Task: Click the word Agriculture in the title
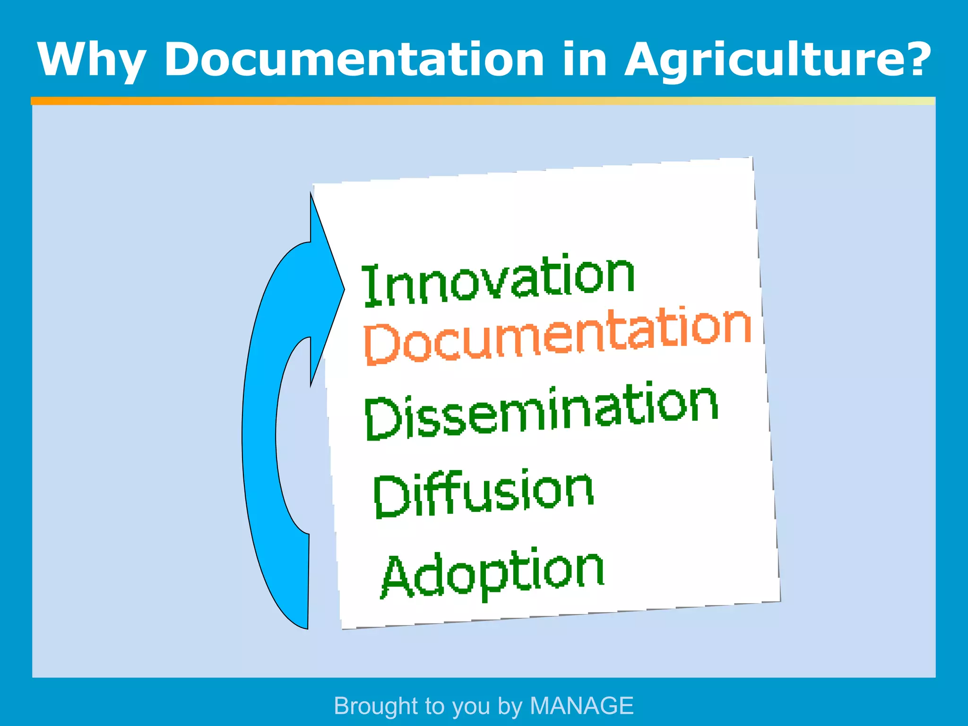point(761,60)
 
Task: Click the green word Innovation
point(498,280)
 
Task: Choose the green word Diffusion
point(483,492)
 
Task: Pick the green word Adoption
point(493,572)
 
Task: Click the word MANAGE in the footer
point(581,706)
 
